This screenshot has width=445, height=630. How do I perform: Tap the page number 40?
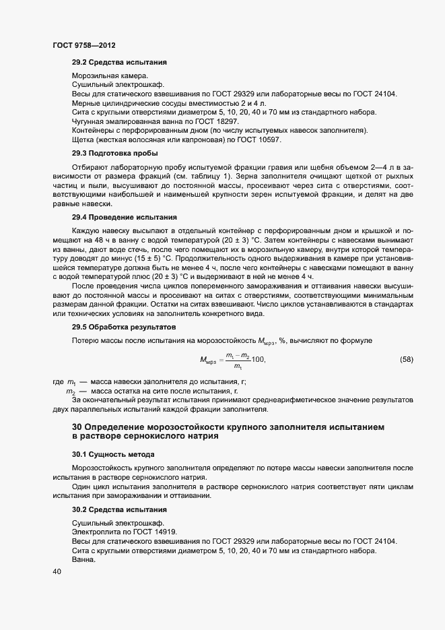pyautogui.click(x=57, y=572)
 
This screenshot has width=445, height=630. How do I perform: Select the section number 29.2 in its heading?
pyautogui.click(x=80, y=63)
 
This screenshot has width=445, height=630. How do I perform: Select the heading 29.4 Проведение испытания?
pyautogui.click(x=124, y=218)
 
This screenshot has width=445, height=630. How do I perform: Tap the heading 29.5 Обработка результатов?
pyautogui.click(x=125, y=327)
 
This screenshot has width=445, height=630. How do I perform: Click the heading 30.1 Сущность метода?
pyautogui.click(x=113, y=455)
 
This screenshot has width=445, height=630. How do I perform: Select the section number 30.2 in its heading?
pyautogui.click(x=80, y=510)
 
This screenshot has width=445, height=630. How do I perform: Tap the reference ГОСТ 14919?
pyautogui.click(x=149, y=532)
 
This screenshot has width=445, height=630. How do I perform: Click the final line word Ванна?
pyautogui.click(x=85, y=560)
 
